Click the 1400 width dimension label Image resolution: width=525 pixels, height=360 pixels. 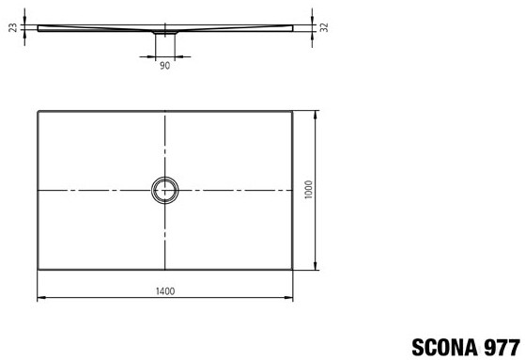pos(165,291)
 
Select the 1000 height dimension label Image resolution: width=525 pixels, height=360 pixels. pos(309,189)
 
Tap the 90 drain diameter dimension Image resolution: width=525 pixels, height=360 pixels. pos(164,66)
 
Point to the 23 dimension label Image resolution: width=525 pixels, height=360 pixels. pos(13,27)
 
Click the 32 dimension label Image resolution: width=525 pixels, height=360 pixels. pos(324,27)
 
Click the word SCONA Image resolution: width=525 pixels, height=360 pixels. pos(444,347)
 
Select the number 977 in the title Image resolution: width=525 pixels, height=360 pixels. pos(502,347)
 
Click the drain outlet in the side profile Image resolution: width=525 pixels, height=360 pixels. pos(165,33)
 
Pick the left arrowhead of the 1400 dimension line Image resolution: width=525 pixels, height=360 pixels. pos(40,297)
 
